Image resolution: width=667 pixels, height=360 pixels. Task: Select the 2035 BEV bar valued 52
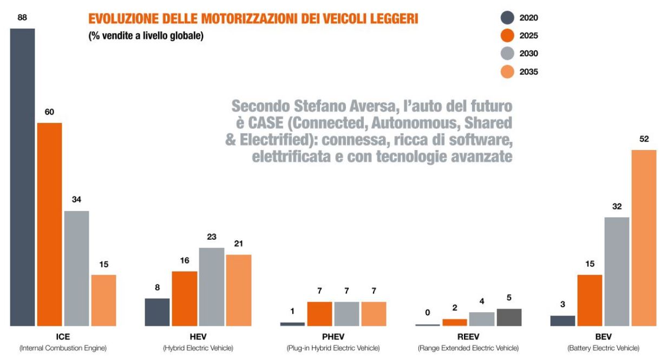[644, 238]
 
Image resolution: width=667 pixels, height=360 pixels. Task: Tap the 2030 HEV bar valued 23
[212, 286]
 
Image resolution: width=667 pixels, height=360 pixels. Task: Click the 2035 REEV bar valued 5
[509, 317]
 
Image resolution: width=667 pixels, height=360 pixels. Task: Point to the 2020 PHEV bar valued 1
[292, 324]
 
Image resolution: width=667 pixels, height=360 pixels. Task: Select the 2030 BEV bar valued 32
[617, 271]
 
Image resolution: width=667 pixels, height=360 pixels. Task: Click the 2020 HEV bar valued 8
[157, 312]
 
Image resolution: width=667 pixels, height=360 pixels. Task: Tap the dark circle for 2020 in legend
[507, 18]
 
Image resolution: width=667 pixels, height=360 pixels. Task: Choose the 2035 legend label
[528, 71]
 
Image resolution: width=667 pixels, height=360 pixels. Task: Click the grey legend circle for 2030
[507, 54]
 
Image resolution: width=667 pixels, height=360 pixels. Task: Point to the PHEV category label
[333, 336]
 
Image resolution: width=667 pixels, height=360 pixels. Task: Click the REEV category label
[468, 336]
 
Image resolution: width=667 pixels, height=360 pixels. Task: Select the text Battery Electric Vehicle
[603, 348]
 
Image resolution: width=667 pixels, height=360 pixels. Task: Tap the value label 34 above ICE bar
[76, 200]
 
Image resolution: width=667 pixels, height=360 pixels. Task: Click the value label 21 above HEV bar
[238, 244]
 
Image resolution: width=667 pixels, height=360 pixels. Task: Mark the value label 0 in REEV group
[428, 312]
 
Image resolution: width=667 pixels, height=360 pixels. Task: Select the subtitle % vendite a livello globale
[146, 37]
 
